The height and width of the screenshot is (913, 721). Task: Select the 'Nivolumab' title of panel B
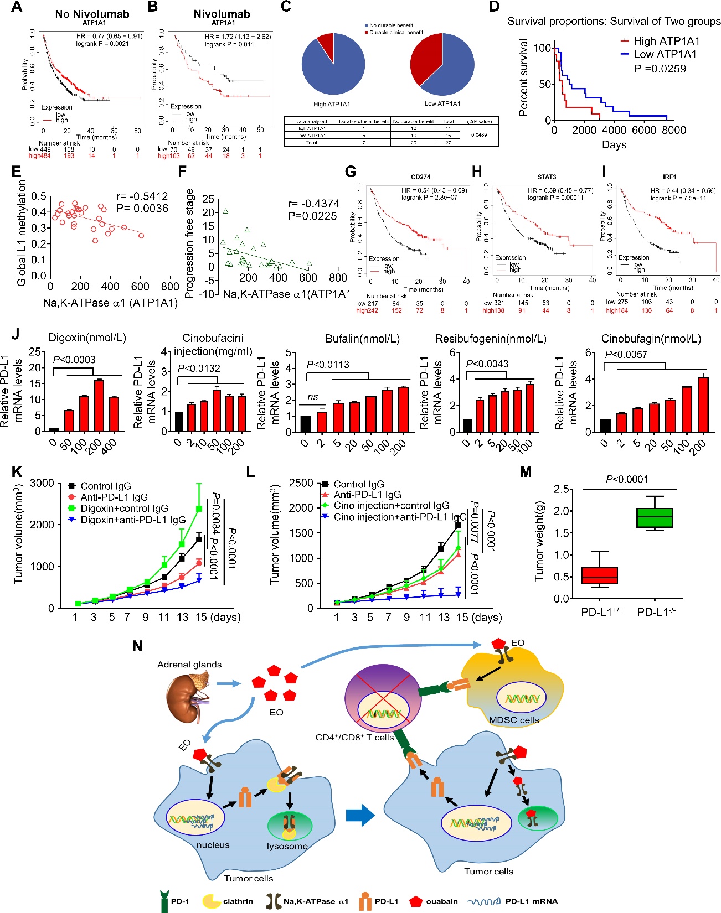click(x=222, y=14)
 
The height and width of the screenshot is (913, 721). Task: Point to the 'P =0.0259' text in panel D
click(x=660, y=69)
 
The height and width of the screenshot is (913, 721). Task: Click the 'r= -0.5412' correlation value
click(x=142, y=196)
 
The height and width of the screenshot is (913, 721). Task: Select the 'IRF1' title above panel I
click(x=669, y=177)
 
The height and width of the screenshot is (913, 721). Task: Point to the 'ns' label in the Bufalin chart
click(x=313, y=397)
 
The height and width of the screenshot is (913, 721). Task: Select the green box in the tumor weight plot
click(x=655, y=517)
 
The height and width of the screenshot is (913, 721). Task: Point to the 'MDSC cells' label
click(x=514, y=720)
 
